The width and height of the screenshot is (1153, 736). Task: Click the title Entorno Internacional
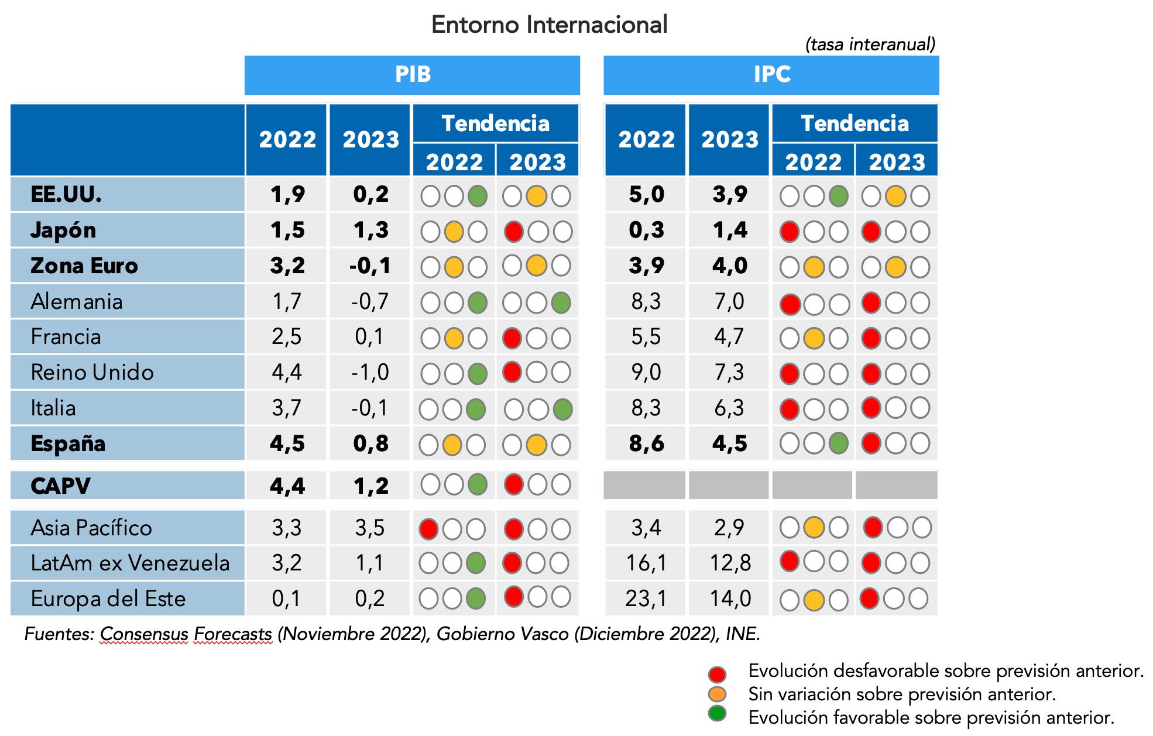(549, 25)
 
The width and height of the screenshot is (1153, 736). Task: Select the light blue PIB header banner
(412, 75)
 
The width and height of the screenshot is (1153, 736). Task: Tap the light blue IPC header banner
(771, 75)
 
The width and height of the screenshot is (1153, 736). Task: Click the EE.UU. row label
(66, 194)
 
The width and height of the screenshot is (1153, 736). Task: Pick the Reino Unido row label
(92, 373)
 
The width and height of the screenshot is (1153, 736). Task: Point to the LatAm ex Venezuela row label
(130, 563)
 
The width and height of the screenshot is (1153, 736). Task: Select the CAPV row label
(60, 486)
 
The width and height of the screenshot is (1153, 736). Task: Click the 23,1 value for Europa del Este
(646, 599)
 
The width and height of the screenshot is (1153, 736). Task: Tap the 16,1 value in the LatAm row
(646, 563)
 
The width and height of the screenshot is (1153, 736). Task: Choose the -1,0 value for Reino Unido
(370, 373)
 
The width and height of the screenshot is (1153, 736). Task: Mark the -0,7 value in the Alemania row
(370, 302)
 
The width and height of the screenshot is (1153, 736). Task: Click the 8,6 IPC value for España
(646, 444)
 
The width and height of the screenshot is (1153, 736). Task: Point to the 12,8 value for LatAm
(730, 563)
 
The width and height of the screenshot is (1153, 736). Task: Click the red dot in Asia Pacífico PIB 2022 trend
(429, 529)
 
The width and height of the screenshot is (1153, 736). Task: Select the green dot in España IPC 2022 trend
(838, 443)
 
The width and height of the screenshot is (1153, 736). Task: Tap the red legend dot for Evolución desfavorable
(717, 674)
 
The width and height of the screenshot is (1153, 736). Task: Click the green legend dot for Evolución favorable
(717, 714)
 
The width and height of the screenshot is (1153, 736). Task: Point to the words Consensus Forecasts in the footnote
(186, 634)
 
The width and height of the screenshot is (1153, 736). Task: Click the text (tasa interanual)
(870, 44)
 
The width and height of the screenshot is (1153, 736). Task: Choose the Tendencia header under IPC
(855, 124)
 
